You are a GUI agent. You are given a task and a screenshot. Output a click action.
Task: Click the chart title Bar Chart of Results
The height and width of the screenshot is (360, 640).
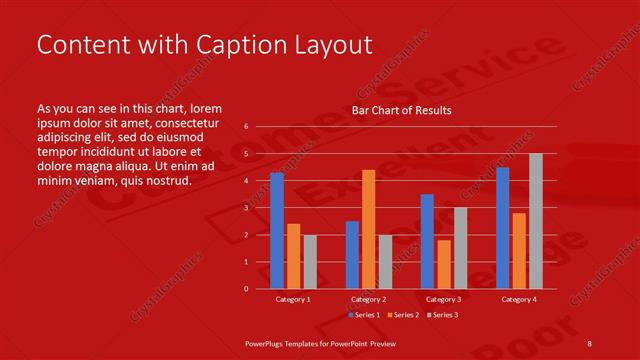(401, 110)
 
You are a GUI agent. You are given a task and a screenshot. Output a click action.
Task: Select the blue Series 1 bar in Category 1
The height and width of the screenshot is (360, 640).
(277, 231)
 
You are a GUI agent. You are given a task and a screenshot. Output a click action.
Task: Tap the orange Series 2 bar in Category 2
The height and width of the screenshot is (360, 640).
(368, 229)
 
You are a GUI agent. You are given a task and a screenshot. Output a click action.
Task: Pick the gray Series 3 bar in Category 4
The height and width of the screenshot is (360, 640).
(536, 221)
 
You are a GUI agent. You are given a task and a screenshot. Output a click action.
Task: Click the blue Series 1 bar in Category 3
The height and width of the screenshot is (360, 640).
(427, 241)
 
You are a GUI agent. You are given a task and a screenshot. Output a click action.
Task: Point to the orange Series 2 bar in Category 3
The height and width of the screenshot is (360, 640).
(443, 264)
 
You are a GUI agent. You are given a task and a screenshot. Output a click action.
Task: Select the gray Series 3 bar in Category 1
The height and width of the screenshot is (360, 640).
(309, 261)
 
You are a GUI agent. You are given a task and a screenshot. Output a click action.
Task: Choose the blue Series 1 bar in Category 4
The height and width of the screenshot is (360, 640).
(502, 228)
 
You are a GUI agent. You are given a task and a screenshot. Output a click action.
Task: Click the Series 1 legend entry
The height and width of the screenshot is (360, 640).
(365, 315)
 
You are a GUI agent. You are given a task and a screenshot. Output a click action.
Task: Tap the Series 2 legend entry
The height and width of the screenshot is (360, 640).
(402, 315)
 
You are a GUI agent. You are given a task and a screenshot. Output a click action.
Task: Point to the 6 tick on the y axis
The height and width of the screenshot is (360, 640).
(246, 127)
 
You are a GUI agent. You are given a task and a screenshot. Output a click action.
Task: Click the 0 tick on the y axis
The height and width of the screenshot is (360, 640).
(246, 289)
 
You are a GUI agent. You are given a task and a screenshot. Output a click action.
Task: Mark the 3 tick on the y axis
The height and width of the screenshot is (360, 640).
(246, 208)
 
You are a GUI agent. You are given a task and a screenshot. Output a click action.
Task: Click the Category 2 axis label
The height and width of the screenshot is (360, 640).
(368, 299)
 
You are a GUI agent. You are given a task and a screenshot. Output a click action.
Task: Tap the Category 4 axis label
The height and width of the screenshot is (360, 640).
(518, 299)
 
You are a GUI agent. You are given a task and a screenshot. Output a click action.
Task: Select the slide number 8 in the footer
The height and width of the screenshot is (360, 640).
(590, 342)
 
